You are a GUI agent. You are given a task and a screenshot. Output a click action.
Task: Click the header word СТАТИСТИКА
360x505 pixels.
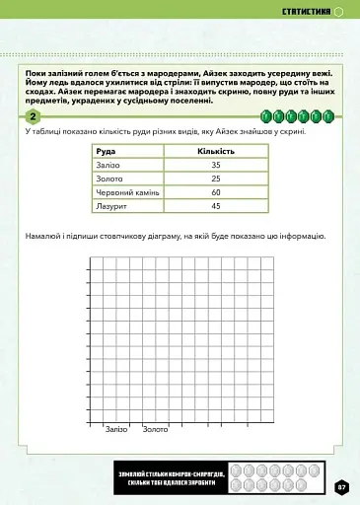pos(306,13)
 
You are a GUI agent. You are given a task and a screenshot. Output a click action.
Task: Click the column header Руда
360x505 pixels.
pos(105,150)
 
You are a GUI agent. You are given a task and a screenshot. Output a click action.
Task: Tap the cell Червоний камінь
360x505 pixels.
pos(128,191)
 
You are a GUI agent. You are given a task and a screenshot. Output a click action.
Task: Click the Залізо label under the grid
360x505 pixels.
pos(117,429)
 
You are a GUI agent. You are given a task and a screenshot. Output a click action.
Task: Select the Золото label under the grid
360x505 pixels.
pos(155,429)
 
